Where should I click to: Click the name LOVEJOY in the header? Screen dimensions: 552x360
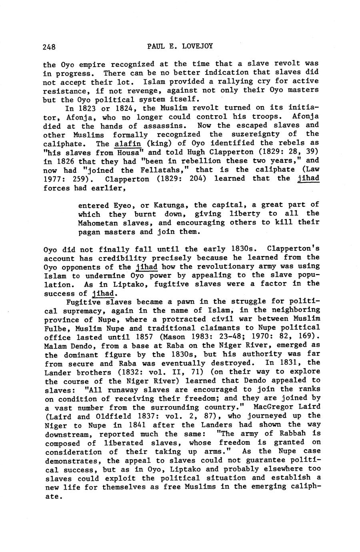(194, 46)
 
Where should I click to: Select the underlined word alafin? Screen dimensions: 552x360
(128, 143)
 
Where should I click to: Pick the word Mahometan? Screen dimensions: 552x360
(102, 223)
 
